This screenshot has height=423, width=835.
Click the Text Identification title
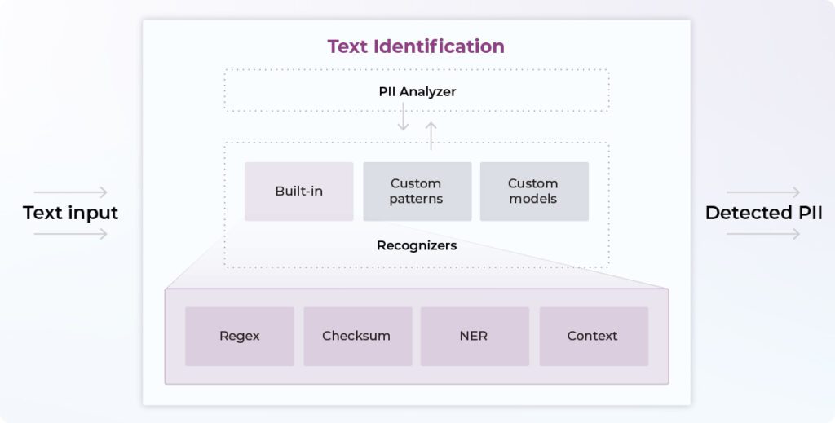click(x=416, y=46)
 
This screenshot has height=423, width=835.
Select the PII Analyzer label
click(x=417, y=91)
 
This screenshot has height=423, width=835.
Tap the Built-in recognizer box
click(x=298, y=192)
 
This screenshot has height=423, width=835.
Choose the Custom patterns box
click(x=417, y=192)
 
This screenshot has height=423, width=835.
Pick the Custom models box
click(x=533, y=192)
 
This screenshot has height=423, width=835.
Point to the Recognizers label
click(x=417, y=245)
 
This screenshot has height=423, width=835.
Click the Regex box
click(x=239, y=336)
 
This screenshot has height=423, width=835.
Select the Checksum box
click(x=356, y=336)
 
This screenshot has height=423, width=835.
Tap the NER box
click(x=474, y=336)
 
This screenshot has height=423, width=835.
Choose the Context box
click(x=593, y=336)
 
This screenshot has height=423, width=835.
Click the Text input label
click(x=71, y=214)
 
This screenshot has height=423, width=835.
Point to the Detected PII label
click(x=763, y=214)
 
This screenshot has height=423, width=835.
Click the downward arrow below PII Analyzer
click(x=403, y=119)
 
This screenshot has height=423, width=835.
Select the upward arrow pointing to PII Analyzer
click(x=431, y=135)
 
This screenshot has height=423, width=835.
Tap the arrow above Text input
click(x=71, y=192)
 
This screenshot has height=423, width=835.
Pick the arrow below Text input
click(x=71, y=235)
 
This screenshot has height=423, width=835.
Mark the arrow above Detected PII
click(x=763, y=192)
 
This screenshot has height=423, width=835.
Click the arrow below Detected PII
click(x=763, y=235)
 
